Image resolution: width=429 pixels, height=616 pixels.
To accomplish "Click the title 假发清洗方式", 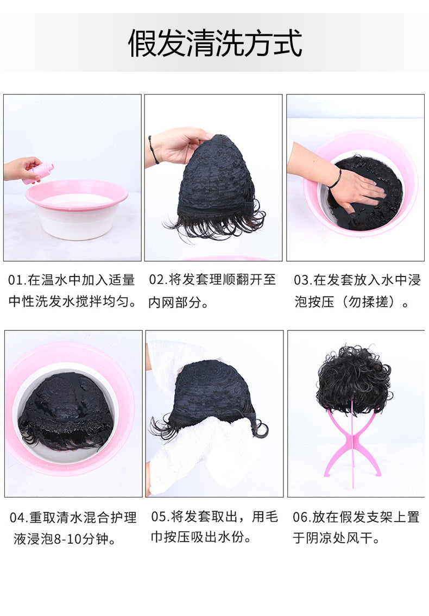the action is point(215,43).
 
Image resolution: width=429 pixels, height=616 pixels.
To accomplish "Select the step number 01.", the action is point(16,280).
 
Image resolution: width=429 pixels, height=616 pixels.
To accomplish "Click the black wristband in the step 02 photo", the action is point(153,149).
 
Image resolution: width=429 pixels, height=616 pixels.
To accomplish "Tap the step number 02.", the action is point(157,280).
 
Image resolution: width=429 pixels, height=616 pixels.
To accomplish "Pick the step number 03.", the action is point(302,280).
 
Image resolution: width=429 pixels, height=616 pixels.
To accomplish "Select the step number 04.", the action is point(18,517).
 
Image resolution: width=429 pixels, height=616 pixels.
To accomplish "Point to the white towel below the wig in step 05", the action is point(204,452).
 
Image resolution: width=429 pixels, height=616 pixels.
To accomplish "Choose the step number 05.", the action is point(159,517).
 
